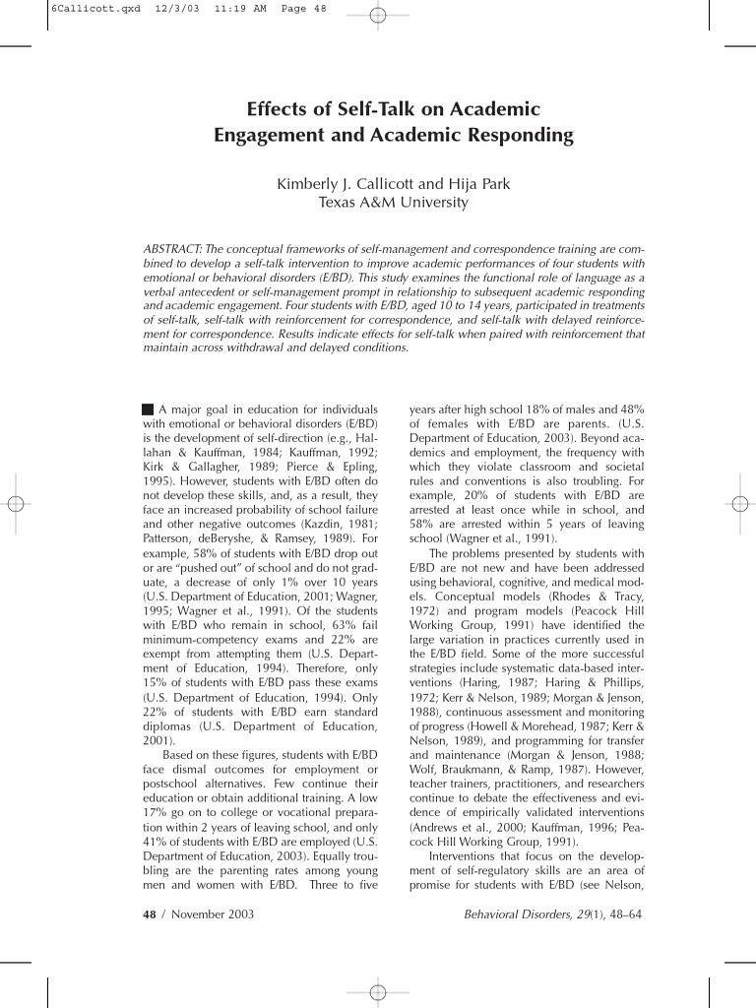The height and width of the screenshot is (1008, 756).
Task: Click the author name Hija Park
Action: pos(478,184)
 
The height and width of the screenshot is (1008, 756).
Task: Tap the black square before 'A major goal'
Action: pos(148,409)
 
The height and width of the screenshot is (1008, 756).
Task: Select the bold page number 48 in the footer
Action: pos(150,914)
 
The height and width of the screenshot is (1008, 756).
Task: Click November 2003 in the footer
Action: pos(213,914)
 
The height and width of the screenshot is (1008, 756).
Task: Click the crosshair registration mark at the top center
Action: pos(378,15)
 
